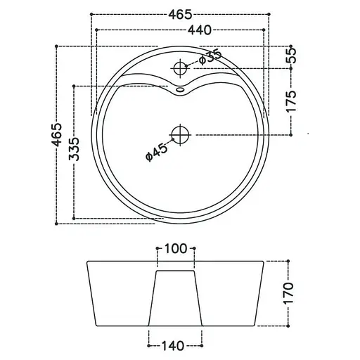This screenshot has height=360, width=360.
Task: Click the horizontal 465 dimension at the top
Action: click(x=180, y=15)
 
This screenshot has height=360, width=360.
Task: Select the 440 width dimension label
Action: click(x=200, y=30)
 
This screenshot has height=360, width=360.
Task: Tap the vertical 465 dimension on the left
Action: click(x=57, y=134)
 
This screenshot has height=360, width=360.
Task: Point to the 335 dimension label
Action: click(x=75, y=149)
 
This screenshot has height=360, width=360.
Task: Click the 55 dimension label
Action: click(x=291, y=56)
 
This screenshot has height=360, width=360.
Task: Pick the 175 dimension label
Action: click(x=291, y=101)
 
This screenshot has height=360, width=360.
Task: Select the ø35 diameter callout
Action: click(x=210, y=56)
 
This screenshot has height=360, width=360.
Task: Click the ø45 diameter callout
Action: click(x=157, y=153)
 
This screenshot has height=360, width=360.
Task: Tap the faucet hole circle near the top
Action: click(x=180, y=68)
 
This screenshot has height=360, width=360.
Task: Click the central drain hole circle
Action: click(x=180, y=135)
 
